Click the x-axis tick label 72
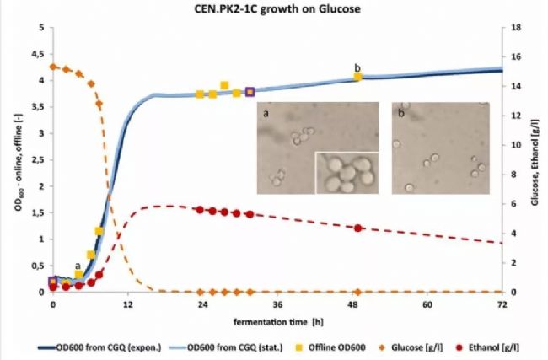click(502, 304)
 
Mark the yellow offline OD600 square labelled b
click(358, 77)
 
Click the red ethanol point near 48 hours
click(358, 228)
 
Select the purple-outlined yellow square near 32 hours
click(250, 92)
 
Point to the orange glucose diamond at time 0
click(53, 67)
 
